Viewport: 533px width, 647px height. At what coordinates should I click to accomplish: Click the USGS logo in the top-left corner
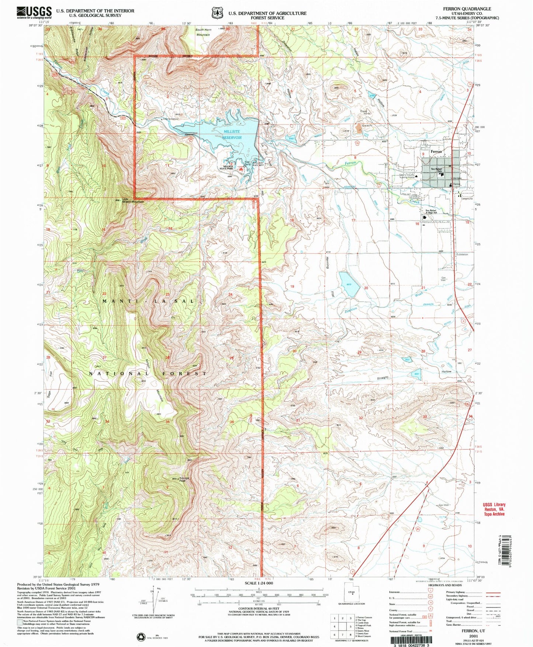point(34,13)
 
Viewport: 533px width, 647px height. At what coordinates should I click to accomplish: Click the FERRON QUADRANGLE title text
point(468,8)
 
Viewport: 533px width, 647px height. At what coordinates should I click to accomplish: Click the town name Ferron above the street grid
point(436,152)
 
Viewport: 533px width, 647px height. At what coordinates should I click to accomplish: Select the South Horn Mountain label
point(203,32)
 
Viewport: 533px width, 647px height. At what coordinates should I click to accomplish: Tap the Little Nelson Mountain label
point(132,201)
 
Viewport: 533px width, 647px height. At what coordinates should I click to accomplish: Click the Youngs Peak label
point(184,479)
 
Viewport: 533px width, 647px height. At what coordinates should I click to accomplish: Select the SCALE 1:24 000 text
point(259,583)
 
